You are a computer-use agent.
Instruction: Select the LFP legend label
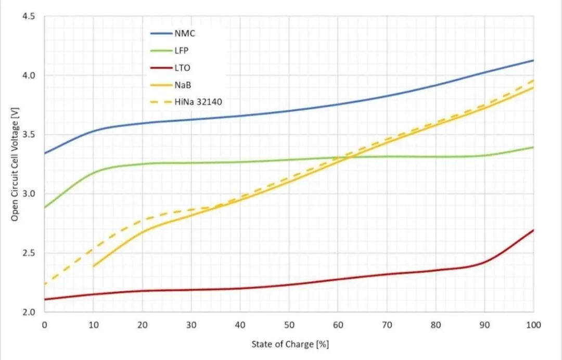[182, 50]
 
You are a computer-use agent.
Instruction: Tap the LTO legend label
[182, 68]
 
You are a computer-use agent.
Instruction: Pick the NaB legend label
[182, 85]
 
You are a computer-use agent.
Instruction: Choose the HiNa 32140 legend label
[198, 102]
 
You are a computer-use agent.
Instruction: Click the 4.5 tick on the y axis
[29, 16]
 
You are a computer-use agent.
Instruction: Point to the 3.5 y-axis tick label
[29, 135]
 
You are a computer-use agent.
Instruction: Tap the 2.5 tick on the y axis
[29, 253]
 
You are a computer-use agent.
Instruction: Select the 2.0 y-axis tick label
[29, 313]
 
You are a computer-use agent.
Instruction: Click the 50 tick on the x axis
[289, 325]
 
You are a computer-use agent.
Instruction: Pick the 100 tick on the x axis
[533, 325]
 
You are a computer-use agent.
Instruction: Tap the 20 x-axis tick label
[142, 325]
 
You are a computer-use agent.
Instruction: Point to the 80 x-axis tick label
[436, 325]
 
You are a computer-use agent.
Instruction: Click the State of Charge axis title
[290, 344]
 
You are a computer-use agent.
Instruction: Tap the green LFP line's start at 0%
[44, 208]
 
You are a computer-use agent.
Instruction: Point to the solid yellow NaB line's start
[93, 267]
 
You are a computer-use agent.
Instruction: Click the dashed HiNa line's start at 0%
[44, 284]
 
